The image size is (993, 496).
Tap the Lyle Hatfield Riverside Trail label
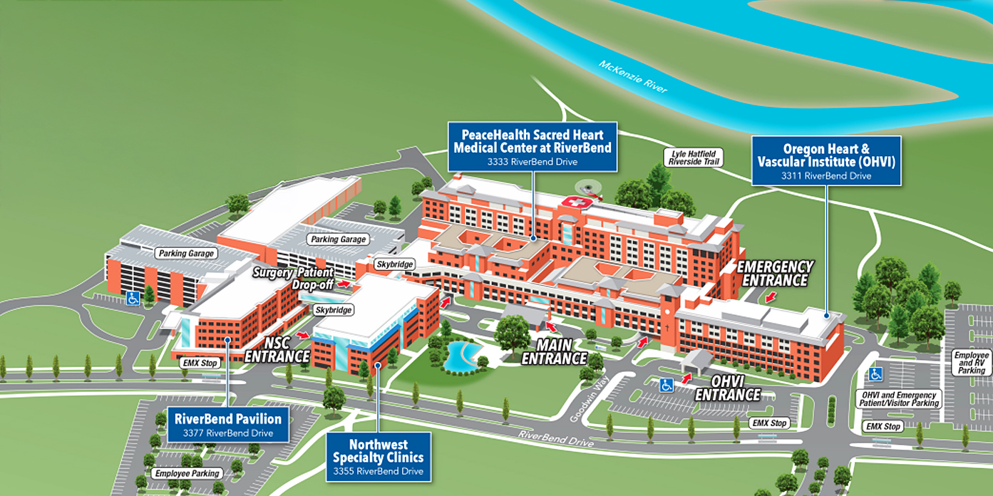694,157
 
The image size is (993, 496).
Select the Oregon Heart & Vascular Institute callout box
826,160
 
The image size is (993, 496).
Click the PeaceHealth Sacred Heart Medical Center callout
532,146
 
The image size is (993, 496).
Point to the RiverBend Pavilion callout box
227,424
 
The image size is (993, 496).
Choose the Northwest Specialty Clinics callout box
379,456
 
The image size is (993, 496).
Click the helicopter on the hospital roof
589,189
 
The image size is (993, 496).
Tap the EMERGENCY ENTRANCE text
775,274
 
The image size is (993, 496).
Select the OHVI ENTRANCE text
727,388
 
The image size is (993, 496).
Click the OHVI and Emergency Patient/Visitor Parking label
900,399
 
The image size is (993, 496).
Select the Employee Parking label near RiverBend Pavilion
187,473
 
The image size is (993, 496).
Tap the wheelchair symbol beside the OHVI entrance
666,385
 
